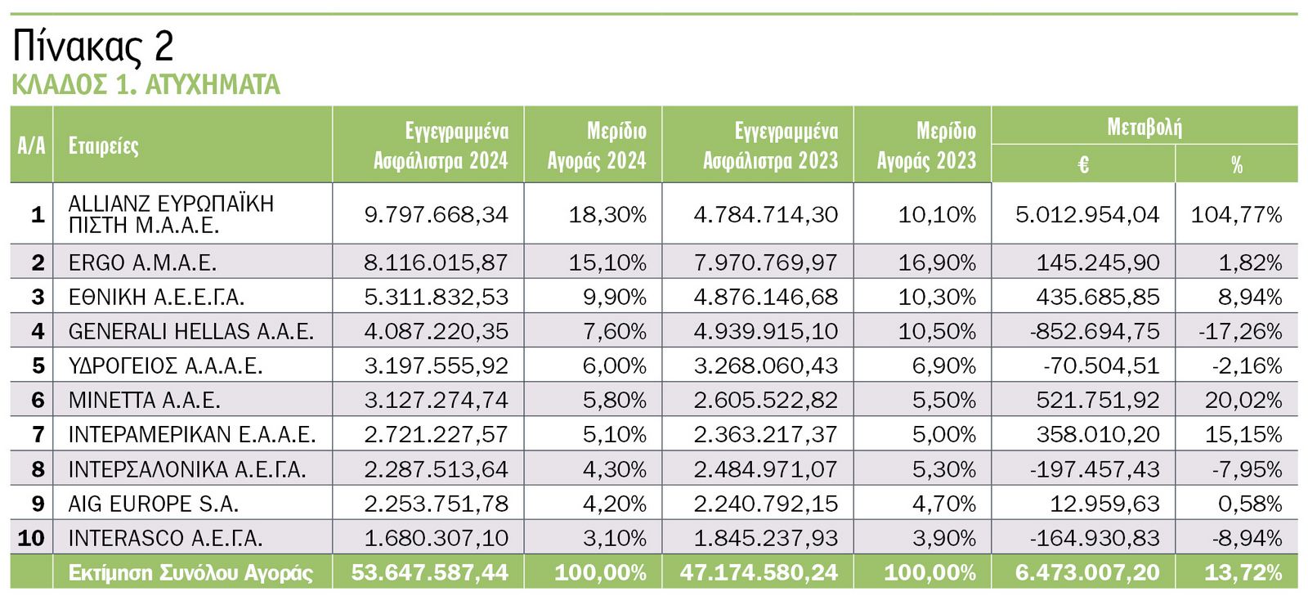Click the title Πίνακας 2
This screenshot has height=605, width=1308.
93,47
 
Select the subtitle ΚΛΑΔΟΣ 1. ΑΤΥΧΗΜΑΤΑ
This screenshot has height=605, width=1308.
146,84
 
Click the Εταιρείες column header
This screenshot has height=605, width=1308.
103,146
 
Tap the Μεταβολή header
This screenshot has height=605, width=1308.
1144,127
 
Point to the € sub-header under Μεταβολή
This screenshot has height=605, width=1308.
1083,164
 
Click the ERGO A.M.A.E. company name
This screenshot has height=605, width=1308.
142,262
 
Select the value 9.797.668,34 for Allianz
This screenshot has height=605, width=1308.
436,214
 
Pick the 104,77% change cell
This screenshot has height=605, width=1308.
1236,214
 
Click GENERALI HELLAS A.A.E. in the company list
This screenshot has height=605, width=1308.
190,331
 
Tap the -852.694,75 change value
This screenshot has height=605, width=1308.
1095,331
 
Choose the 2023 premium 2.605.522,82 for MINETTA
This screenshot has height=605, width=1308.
765,400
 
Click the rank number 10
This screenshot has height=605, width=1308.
31,538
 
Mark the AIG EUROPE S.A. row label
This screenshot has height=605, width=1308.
153,504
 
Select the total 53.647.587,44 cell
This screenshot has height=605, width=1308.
429,572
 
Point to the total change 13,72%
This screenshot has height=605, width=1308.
1243,572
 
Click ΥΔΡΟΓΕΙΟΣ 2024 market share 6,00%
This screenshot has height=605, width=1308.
614,365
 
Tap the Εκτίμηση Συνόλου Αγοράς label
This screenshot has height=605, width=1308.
190,572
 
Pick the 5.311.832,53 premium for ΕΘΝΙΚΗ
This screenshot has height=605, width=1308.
436,297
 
